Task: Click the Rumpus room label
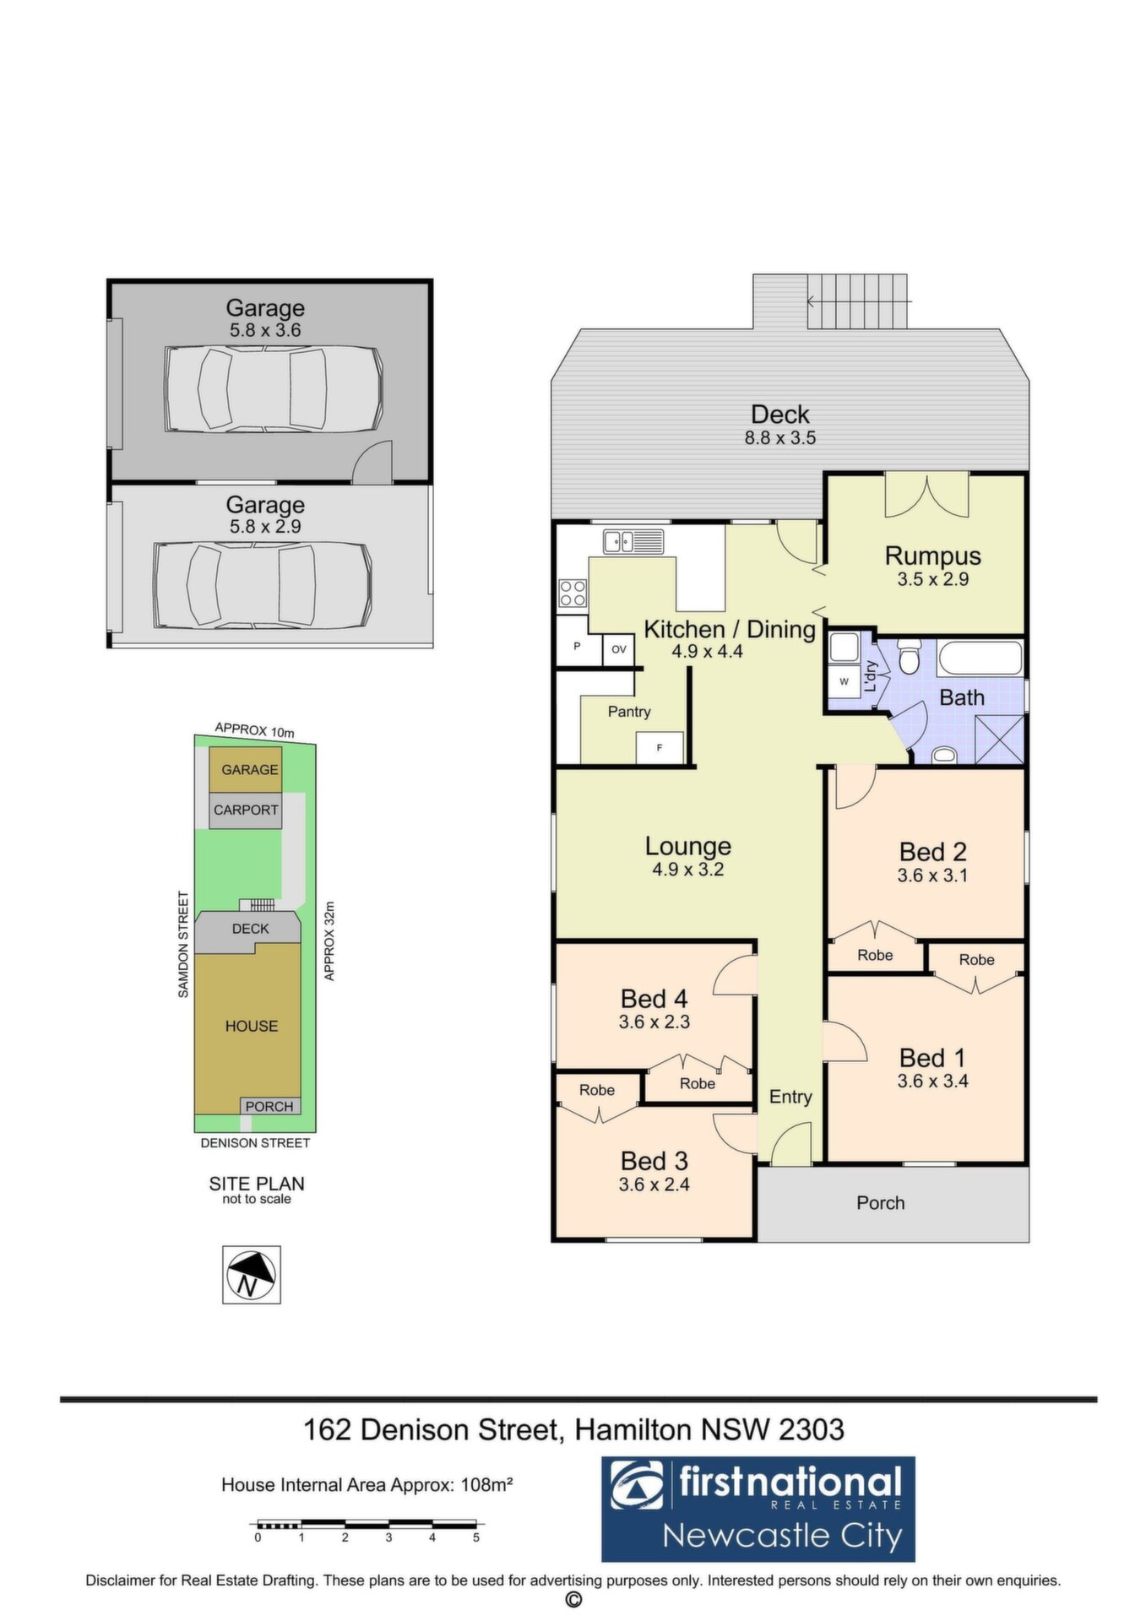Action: (x=932, y=556)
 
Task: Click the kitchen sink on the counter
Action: (x=633, y=540)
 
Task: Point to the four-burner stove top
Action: (x=573, y=594)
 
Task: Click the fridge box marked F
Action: (x=660, y=747)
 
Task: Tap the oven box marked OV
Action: (x=618, y=649)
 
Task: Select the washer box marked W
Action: (x=844, y=680)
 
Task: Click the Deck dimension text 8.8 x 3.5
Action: (x=780, y=438)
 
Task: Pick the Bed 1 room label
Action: (x=932, y=1058)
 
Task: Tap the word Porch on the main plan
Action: (x=881, y=1203)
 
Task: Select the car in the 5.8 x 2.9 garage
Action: (x=262, y=585)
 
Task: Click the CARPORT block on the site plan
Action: (x=246, y=810)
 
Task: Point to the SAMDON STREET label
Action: (x=183, y=945)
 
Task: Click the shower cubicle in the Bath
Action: (x=998, y=740)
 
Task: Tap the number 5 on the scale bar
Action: (x=476, y=1537)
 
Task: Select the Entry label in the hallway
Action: (x=790, y=1097)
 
